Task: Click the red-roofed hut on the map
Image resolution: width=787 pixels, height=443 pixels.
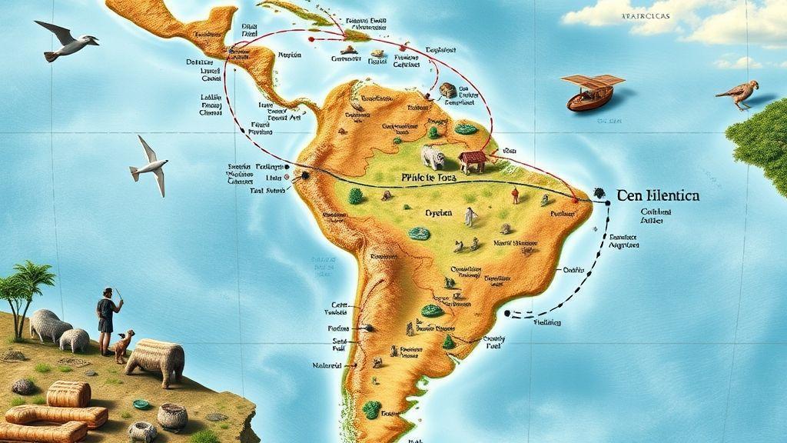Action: click(x=472, y=162)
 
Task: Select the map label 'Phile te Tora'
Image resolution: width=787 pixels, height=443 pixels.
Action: click(x=430, y=177)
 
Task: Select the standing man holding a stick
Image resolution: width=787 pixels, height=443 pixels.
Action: click(x=107, y=320)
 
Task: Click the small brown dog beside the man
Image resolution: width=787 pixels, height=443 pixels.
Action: click(x=124, y=345)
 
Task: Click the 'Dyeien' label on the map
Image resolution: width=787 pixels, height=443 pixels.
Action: click(x=438, y=212)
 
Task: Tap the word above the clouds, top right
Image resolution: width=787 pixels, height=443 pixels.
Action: click(x=645, y=15)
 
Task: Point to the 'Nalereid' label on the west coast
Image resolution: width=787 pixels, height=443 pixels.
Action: click(x=328, y=364)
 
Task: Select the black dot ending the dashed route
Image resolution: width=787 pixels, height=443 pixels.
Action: click(x=507, y=312)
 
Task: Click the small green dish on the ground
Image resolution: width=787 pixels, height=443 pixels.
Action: click(x=141, y=404)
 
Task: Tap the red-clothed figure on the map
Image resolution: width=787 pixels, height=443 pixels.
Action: click(x=515, y=196)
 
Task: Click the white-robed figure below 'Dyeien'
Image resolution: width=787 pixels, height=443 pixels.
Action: click(x=468, y=217)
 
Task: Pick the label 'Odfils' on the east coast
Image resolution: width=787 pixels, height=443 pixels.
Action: click(x=574, y=270)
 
